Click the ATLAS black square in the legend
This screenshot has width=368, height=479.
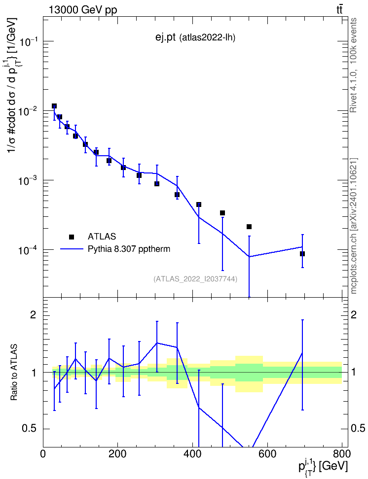click(72, 237)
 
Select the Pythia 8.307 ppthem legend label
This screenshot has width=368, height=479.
click(129, 249)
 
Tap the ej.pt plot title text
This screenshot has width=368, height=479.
click(165, 37)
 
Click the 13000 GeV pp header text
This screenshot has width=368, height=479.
click(83, 10)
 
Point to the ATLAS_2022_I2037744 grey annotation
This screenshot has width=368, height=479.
click(195, 278)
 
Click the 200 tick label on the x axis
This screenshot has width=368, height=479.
click(118, 454)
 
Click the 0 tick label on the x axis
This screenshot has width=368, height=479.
click(43, 454)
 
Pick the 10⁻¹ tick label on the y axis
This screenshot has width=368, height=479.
click(30, 41)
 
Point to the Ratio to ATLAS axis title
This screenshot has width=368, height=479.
click(14, 373)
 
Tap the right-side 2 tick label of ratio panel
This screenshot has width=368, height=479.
click(353, 315)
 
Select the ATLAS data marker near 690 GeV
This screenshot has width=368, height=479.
click(302, 254)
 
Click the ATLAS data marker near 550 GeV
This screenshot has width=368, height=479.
click(249, 227)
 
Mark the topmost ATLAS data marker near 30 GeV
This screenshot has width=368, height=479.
click(54, 106)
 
